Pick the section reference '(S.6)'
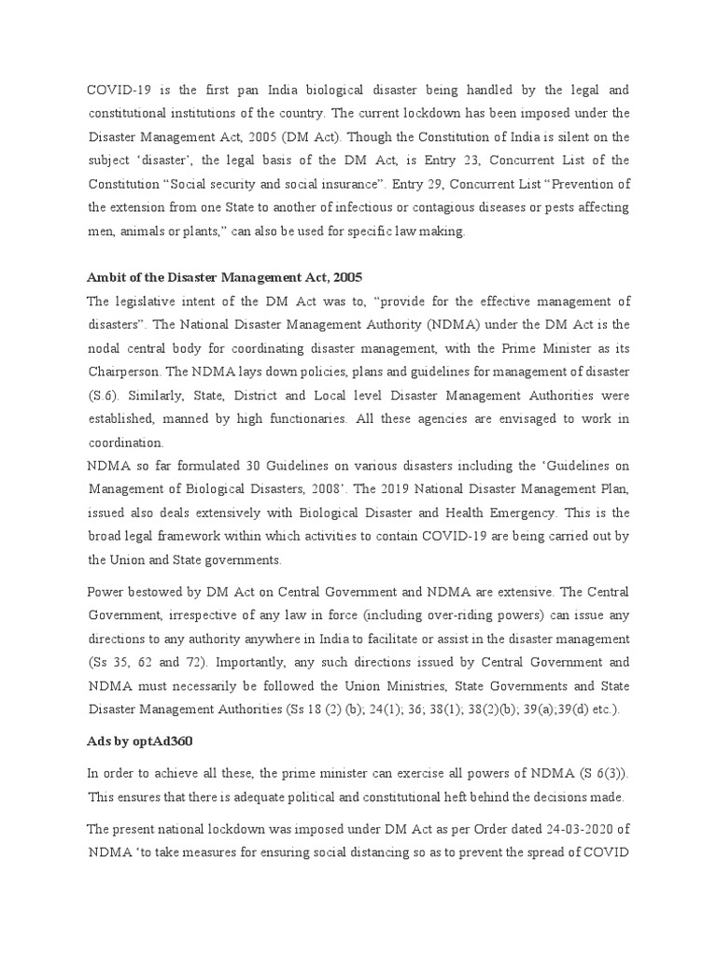(103, 396)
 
